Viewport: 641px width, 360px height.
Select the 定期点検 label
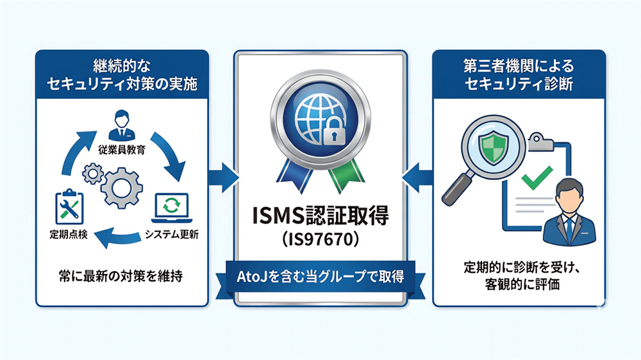coord(67,234)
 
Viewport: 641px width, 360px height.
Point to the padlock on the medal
coord(331,133)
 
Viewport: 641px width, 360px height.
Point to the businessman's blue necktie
coord(569,226)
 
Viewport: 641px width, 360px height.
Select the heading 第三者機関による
coord(518,65)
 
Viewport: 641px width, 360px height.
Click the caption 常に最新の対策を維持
coord(121,277)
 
